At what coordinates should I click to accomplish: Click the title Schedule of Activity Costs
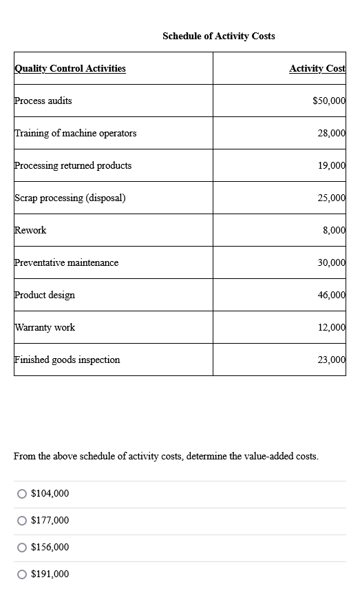(218, 36)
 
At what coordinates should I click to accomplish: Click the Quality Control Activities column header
(70, 68)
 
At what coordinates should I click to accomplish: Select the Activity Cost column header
(317, 68)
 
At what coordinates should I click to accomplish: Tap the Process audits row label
(43, 101)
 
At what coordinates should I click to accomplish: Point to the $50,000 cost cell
(328, 101)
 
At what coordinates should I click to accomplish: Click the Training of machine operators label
(76, 133)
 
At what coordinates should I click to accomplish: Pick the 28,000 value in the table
(331, 133)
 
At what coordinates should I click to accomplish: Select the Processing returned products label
(73, 165)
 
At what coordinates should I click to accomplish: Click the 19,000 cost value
(331, 165)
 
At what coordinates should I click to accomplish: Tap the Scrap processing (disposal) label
(70, 198)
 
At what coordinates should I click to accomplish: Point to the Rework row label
(30, 230)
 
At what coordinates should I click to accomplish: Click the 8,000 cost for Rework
(333, 230)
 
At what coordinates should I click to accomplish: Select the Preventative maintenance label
(67, 262)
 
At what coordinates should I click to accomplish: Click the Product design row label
(45, 295)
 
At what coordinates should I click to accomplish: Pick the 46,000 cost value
(331, 295)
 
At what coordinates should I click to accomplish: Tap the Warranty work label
(45, 327)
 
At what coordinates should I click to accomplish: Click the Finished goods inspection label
(67, 360)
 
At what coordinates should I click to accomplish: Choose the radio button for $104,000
(23, 494)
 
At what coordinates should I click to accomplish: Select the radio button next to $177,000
(23, 521)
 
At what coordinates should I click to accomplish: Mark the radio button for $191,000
(23, 574)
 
